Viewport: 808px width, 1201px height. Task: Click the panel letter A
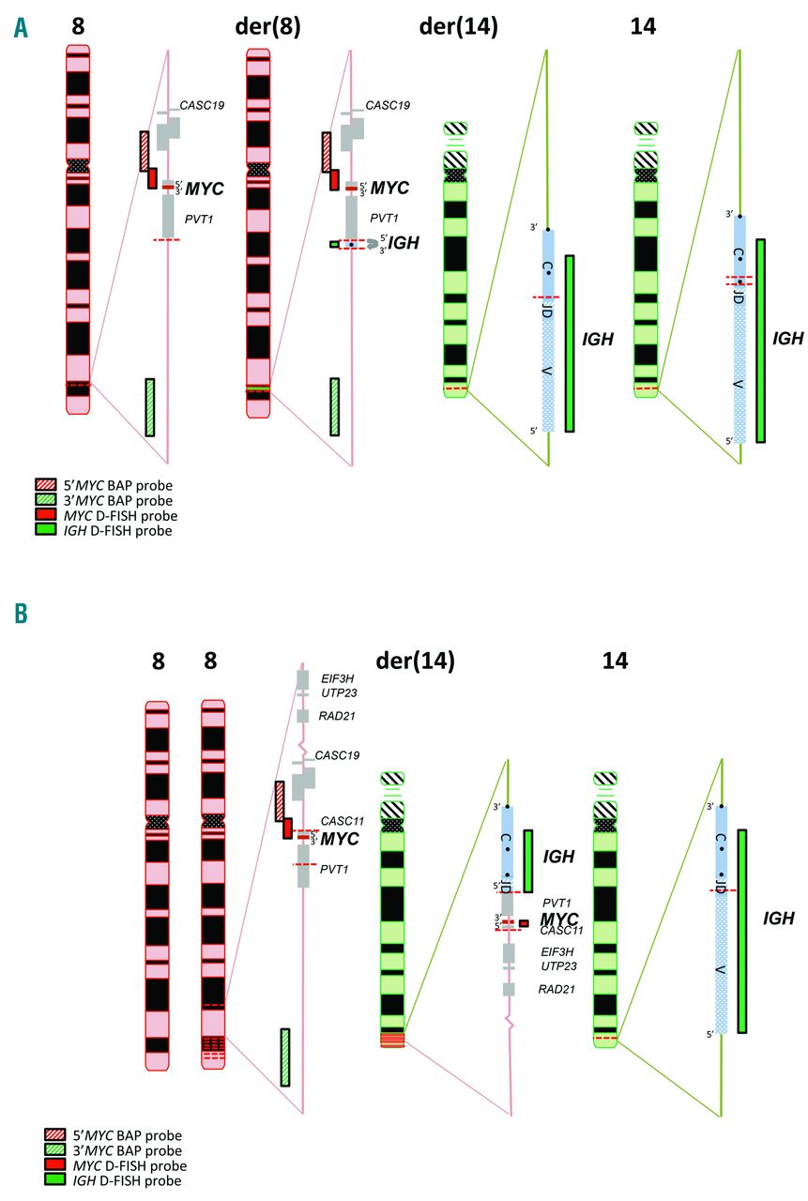click(x=21, y=29)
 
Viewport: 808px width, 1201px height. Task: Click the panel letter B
click(x=21, y=614)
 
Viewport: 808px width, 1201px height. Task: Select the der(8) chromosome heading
click(x=267, y=27)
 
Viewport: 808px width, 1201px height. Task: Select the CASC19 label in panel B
click(x=338, y=754)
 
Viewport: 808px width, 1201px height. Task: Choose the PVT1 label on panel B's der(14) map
click(x=557, y=902)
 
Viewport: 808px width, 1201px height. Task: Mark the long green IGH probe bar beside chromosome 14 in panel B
click(x=741, y=930)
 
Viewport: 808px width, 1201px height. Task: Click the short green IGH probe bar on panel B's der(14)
click(x=528, y=860)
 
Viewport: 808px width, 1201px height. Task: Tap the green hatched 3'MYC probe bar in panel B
click(x=284, y=1057)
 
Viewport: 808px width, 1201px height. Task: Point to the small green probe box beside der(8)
click(x=334, y=244)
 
